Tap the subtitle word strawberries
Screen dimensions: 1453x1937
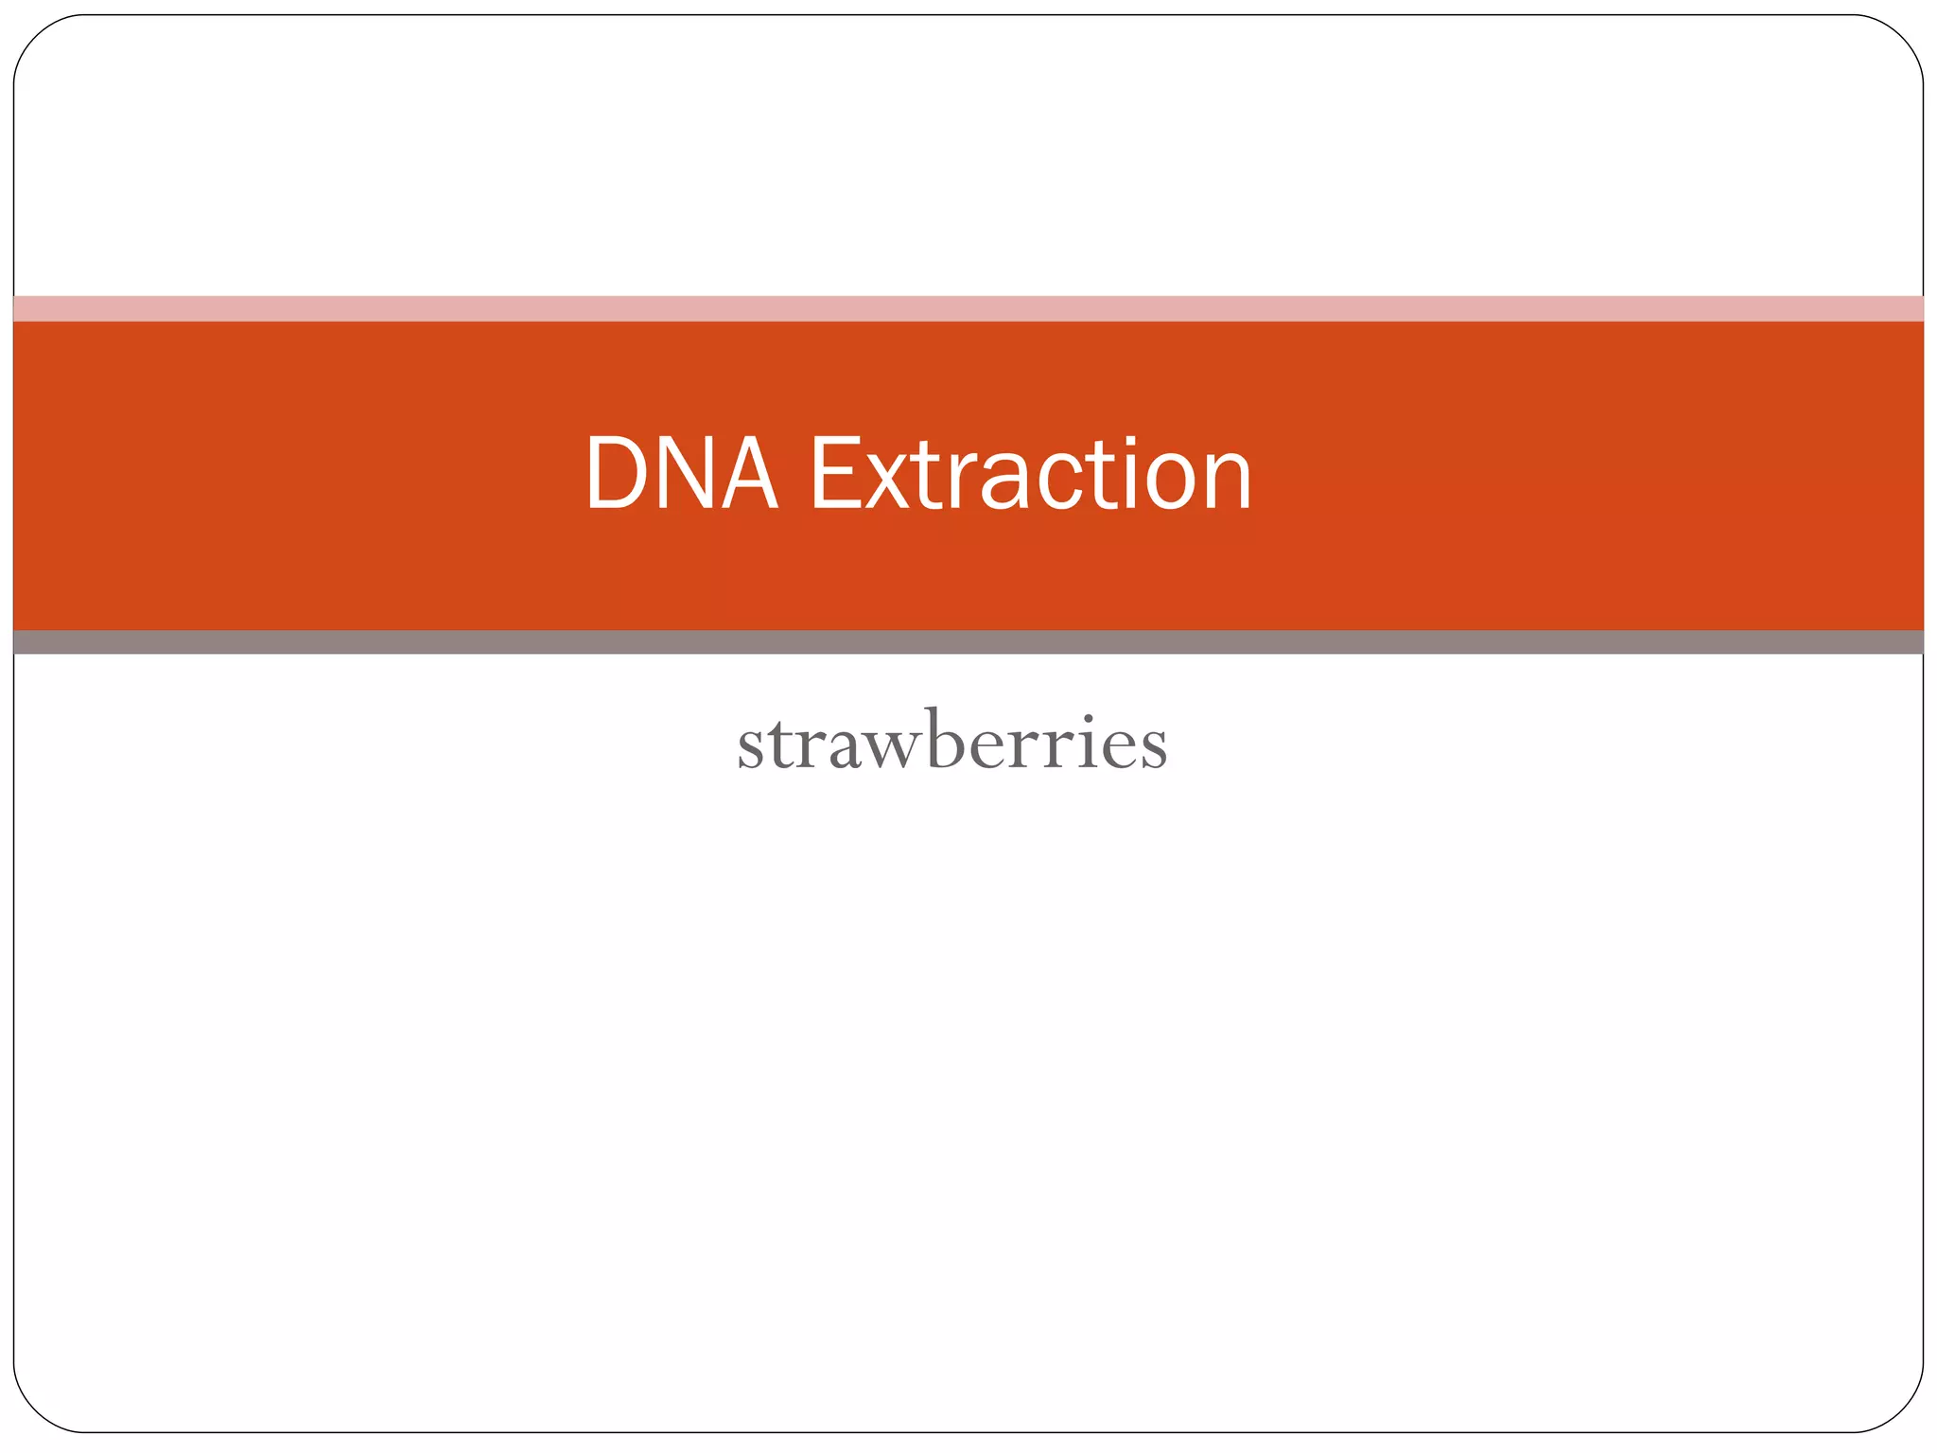[x=952, y=744]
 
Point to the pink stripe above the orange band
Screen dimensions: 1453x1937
[x=968, y=308]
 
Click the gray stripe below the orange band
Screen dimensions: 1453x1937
[x=968, y=642]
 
